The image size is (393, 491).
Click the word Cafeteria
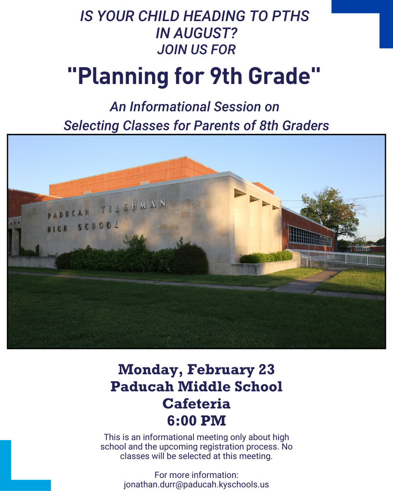tap(196, 403)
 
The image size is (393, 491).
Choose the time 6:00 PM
tap(196, 421)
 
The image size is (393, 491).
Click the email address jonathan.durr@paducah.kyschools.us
tap(196, 484)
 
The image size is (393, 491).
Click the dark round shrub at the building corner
tap(191, 259)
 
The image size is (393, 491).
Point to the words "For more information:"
tap(196, 475)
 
